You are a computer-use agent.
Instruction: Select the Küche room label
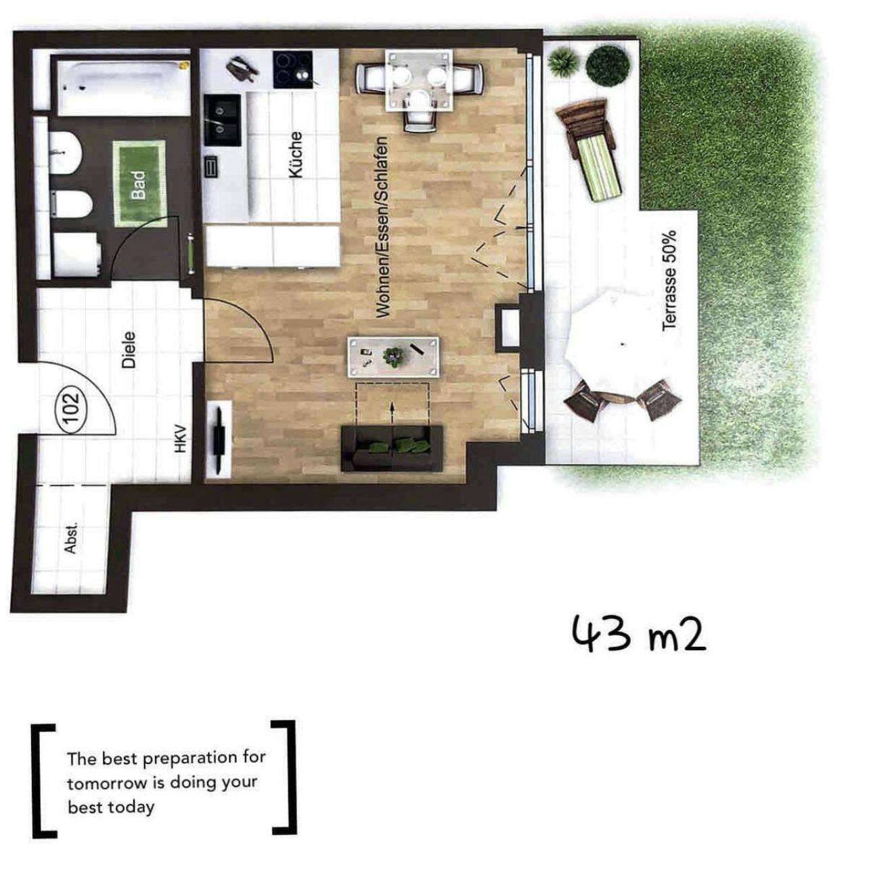pyautogui.click(x=296, y=155)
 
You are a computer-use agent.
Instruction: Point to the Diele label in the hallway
pyautogui.click(x=129, y=350)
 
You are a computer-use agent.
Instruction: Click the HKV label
pyautogui.click(x=181, y=440)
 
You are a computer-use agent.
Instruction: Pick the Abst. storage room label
pyautogui.click(x=70, y=538)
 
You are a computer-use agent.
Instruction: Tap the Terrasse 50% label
pyautogui.click(x=669, y=280)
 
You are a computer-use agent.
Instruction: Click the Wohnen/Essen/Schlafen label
pyautogui.click(x=382, y=227)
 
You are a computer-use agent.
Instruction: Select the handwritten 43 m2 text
pyautogui.click(x=638, y=633)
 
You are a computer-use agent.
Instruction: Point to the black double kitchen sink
pyautogui.click(x=222, y=120)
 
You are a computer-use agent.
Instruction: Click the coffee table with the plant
pyautogui.click(x=393, y=357)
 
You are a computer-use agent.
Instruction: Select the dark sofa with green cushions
pyautogui.click(x=392, y=449)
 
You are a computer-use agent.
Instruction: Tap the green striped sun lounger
pyautogui.click(x=591, y=151)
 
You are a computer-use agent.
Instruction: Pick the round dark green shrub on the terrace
pyautogui.click(x=606, y=66)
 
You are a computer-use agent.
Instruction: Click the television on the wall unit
pyautogui.click(x=220, y=436)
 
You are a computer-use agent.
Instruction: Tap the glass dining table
pyautogui.click(x=419, y=81)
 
